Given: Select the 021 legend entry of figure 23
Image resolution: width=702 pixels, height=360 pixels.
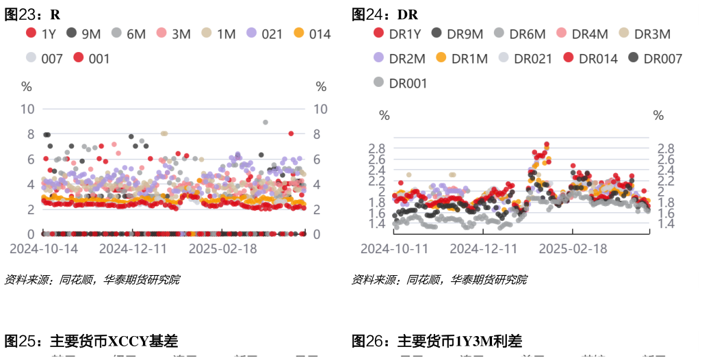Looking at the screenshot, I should click(x=263, y=34).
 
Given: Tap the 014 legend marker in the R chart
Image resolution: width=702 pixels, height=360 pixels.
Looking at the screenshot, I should click(x=299, y=33).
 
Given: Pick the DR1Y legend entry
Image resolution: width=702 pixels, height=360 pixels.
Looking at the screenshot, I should click(x=398, y=34).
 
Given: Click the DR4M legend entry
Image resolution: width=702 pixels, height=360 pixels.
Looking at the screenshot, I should click(x=582, y=34).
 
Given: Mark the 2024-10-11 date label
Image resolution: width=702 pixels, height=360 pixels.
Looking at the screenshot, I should click(x=395, y=248).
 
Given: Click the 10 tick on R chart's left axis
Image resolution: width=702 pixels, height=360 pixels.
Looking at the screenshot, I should click(x=28, y=109).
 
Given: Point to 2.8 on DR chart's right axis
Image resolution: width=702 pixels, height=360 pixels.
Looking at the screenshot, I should click(x=665, y=149).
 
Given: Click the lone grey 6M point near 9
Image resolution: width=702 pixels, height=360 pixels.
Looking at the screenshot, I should click(x=265, y=123).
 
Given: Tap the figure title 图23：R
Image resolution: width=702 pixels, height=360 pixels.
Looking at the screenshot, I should click(x=32, y=14).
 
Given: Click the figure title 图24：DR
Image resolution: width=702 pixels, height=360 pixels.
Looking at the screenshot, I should click(x=385, y=14).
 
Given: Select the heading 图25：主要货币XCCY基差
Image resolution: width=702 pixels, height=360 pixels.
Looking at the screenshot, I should click(x=92, y=341).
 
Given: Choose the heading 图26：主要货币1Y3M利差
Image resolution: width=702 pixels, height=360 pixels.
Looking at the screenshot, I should click(x=437, y=341).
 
